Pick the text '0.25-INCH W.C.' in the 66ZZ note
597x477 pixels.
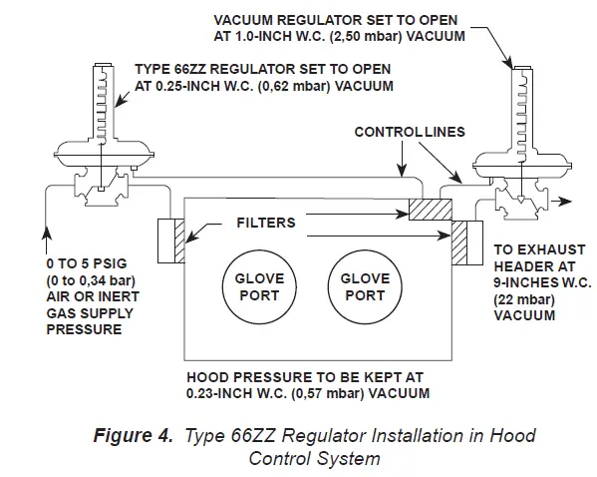click(192, 86)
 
